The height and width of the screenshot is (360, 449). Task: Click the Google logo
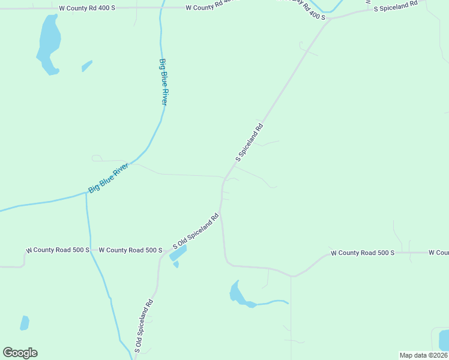(x=20, y=353)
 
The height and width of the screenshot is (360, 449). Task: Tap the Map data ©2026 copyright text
(x=423, y=355)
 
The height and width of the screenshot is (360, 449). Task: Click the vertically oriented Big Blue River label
(x=163, y=82)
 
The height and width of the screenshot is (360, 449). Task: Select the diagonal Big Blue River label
(x=109, y=178)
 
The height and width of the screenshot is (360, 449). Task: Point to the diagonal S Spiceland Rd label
(x=250, y=143)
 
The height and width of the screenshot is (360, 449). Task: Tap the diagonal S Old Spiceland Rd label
(x=196, y=231)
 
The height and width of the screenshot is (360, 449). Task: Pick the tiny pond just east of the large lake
(x=87, y=65)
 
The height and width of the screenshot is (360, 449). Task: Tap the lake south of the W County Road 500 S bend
(x=239, y=294)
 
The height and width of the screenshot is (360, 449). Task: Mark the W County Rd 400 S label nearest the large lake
(x=87, y=8)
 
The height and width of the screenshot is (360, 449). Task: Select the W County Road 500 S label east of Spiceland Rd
(x=362, y=253)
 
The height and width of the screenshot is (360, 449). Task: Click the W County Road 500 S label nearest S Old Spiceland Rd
(x=130, y=250)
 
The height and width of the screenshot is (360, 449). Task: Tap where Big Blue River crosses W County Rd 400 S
(x=161, y=8)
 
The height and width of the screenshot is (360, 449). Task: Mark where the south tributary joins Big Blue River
(x=86, y=194)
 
